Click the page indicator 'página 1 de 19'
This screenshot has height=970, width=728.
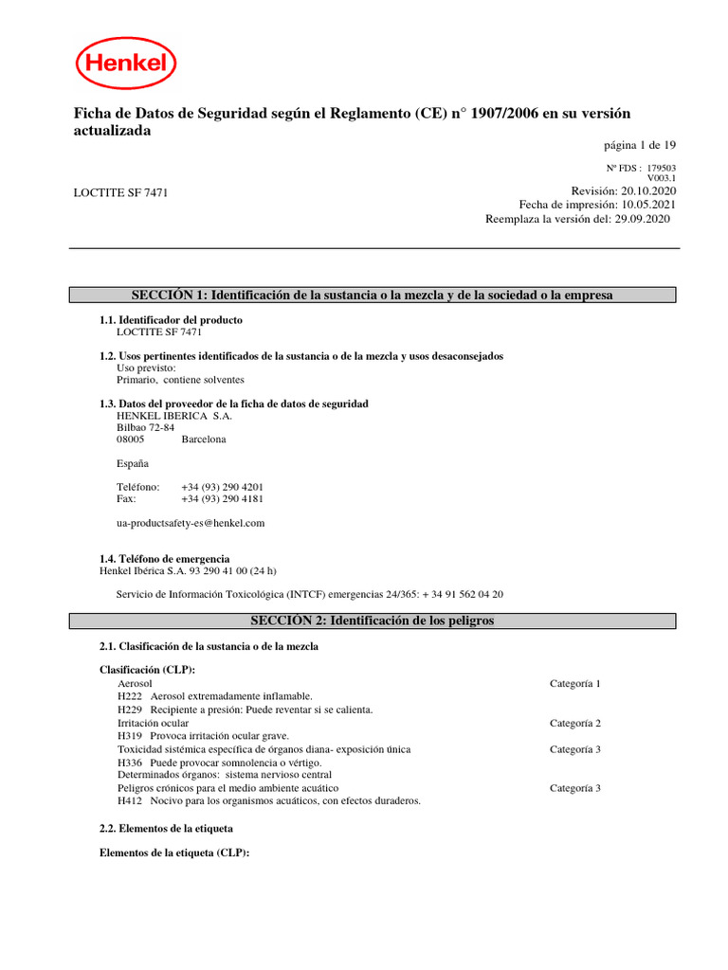pos(640,145)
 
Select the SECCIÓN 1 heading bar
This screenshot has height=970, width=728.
pos(373,296)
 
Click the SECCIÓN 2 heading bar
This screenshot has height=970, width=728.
pos(373,620)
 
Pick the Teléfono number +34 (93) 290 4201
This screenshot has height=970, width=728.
pos(222,486)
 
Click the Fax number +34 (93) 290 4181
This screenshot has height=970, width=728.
pos(222,498)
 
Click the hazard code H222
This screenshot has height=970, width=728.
pos(130,696)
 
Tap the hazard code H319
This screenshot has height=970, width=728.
pos(130,735)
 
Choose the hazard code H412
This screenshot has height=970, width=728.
pos(130,800)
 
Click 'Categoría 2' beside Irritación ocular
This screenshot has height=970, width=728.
pos(574,723)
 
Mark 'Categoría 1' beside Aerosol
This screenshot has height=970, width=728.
pos(574,683)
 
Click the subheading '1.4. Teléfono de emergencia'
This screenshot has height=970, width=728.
pos(164,559)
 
